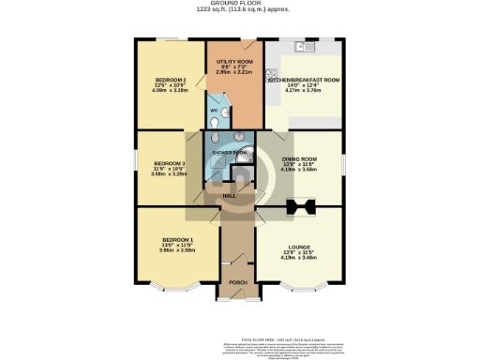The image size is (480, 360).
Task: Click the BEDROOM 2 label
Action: tap(171, 80)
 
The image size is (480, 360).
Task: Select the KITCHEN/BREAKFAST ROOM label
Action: tap(305, 81)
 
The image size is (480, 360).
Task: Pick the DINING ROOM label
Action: tap(300, 158)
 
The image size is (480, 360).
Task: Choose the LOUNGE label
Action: tap(300, 247)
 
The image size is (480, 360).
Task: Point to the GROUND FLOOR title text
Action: tap(241, 4)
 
